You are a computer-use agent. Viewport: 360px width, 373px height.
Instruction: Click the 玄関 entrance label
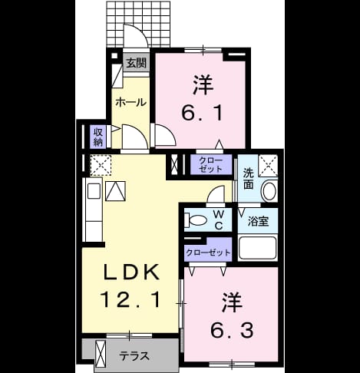coord(136,63)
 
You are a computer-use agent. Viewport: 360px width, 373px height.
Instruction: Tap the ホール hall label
coord(130,102)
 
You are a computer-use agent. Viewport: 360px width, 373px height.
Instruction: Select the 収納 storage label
coord(97,137)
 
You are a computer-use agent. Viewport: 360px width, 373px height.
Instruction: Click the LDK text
coord(131,272)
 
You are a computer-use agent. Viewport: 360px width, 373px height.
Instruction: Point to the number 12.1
coord(130,299)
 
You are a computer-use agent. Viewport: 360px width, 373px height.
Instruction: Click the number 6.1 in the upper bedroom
coord(202,113)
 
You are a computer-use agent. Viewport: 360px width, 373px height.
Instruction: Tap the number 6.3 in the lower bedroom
coord(232,330)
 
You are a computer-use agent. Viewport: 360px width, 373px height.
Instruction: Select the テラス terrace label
coord(134,356)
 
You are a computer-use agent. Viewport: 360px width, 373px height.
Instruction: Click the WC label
coord(218,220)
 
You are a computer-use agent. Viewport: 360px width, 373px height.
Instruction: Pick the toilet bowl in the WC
coord(197,220)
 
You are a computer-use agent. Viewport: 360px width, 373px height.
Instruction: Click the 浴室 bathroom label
coord(258,221)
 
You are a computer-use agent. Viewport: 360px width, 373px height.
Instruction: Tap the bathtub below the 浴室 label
coord(257,248)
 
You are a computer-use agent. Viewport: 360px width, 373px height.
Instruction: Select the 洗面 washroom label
coord(248,179)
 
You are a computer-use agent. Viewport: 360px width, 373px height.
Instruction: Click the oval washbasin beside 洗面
coord(269,191)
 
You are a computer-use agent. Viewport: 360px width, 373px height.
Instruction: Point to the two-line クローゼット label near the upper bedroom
coord(211,165)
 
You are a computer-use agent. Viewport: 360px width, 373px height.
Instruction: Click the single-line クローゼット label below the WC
coord(208,253)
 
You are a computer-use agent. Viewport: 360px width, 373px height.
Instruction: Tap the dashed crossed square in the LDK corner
coord(101,165)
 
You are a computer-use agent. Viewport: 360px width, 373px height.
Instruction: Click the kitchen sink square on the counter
coord(94,191)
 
